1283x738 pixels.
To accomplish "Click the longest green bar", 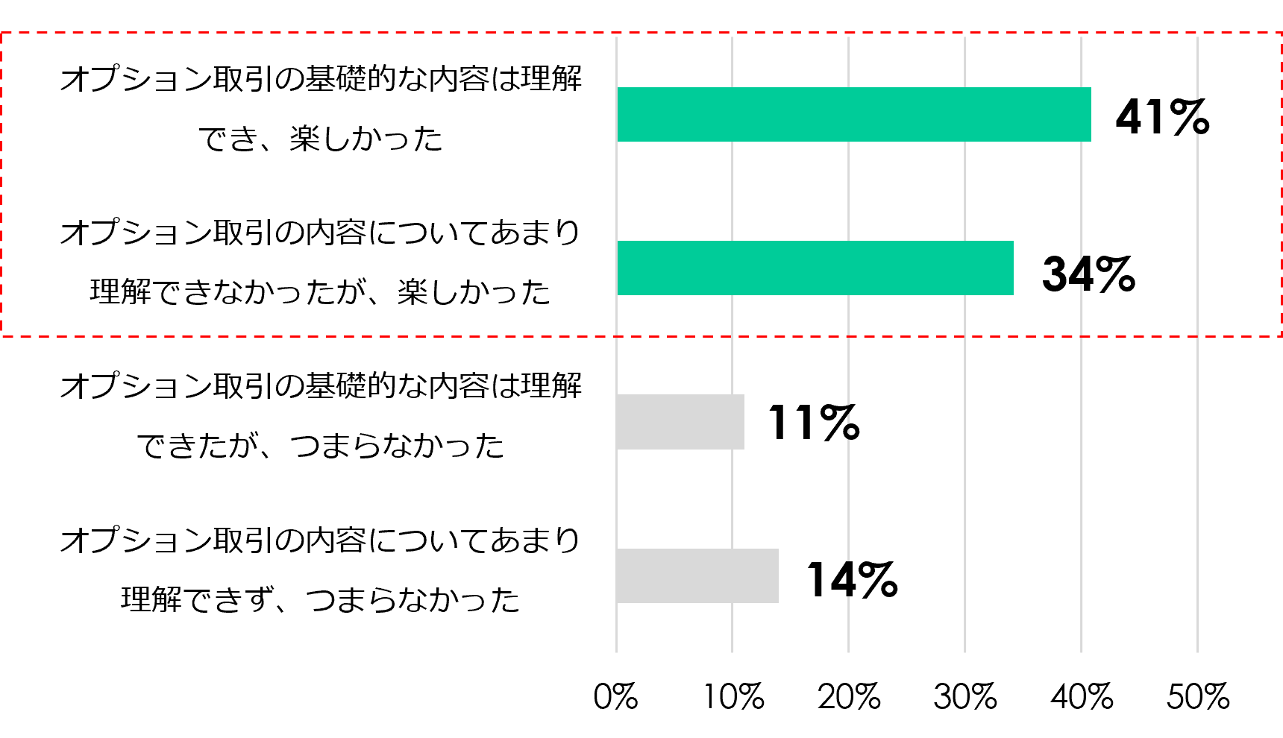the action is (x=853, y=114).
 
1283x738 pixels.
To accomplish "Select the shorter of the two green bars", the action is (x=815, y=268).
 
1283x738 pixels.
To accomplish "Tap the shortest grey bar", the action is (x=680, y=422).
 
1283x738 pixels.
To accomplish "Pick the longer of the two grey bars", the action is (x=697, y=575).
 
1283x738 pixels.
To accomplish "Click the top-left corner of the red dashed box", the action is (x=1, y=32).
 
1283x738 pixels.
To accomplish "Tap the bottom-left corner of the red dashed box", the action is (x=1, y=336).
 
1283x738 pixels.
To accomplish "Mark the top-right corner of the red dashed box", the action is (x=1281, y=32).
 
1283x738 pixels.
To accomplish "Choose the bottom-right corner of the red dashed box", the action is (x=1281, y=336).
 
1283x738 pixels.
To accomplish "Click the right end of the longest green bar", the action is (x=1090, y=114).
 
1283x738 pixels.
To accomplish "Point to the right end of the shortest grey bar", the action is (x=743, y=422).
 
